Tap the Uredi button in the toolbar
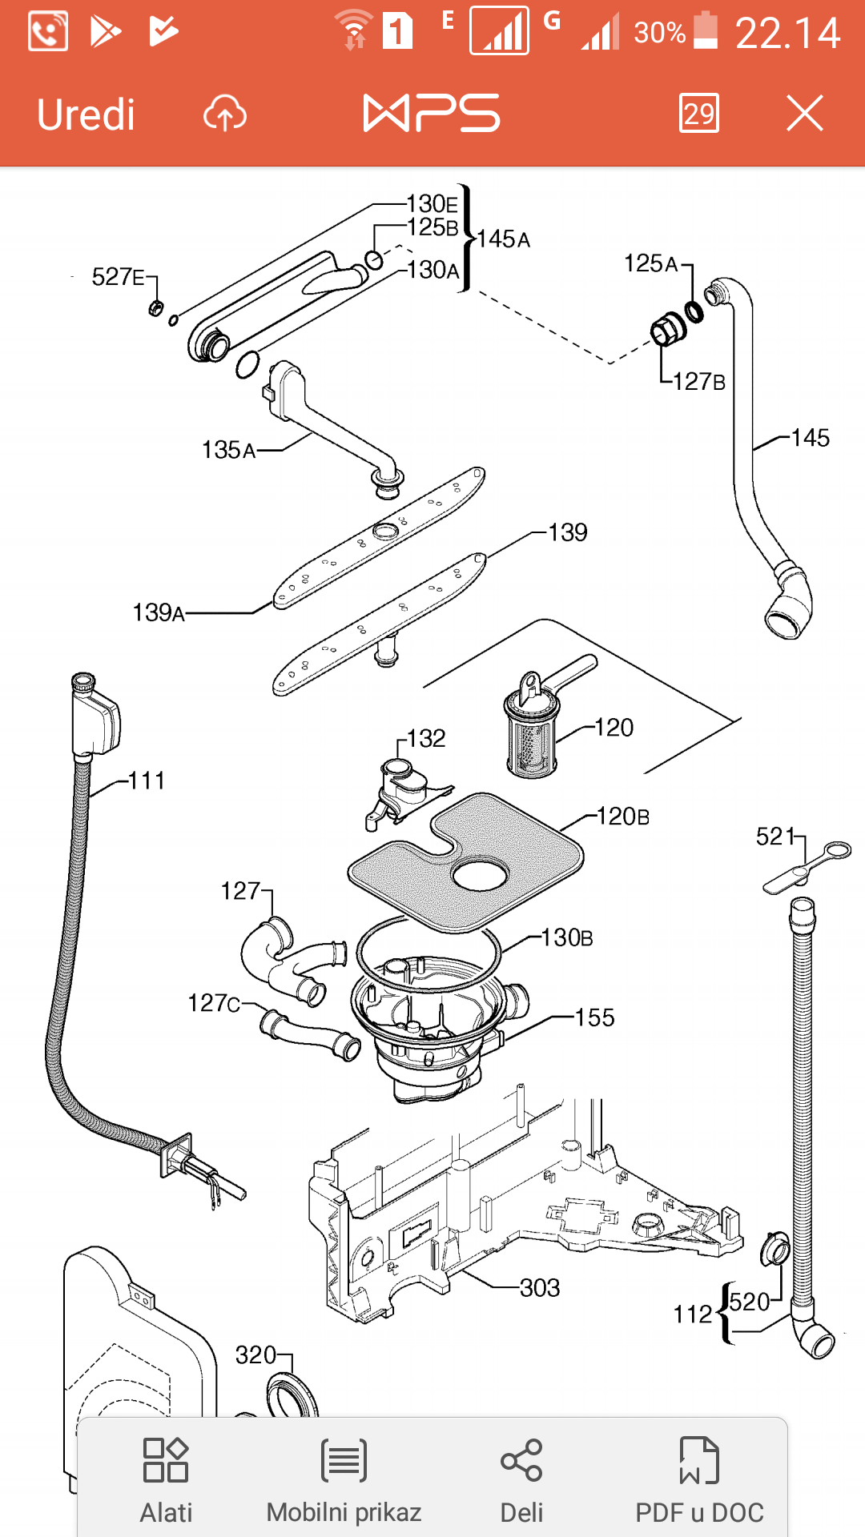coord(86,114)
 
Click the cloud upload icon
coord(225,114)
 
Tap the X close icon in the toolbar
coord(804,113)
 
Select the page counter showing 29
coord(698,114)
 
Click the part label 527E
coord(118,277)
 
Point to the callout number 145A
coord(504,239)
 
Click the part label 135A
coord(229,450)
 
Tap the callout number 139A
coord(159,613)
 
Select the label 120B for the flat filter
coord(623,817)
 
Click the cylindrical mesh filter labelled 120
coord(531,736)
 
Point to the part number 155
coord(595,1018)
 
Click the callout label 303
coord(540,1288)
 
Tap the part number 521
coord(775,837)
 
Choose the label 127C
coord(214,1003)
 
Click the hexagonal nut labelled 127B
coord(667,329)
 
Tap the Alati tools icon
coord(166,1460)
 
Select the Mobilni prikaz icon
coord(344,1460)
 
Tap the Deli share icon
coord(521,1460)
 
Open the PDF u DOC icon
coord(699,1460)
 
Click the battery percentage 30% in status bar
coord(659,33)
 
